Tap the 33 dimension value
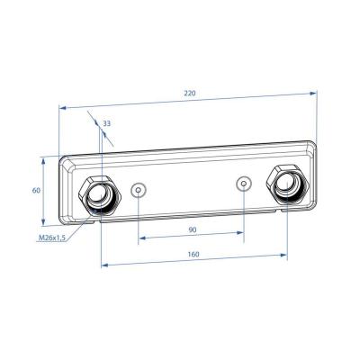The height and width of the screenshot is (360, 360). pyautogui.click(x=108, y=123)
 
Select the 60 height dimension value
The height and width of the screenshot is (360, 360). pyautogui.click(x=37, y=191)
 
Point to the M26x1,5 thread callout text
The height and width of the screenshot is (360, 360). pyautogui.click(x=54, y=238)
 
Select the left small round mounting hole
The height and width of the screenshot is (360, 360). pyautogui.click(x=138, y=190)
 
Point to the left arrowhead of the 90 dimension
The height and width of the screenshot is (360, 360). pyautogui.click(x=141, y=240)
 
